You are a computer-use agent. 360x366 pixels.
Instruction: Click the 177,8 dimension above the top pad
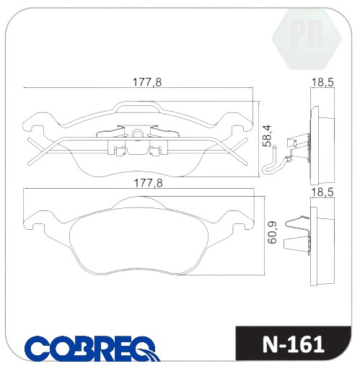pos(147,82)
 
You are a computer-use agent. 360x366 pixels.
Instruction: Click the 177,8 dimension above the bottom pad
pos(148,184)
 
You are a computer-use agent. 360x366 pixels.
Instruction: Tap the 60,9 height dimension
pos(272,233)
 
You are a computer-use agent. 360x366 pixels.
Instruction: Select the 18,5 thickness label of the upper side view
pos(322,83)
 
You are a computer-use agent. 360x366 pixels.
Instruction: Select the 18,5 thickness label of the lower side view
pos(322,192)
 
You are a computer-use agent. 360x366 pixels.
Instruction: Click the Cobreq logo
pos(92,348)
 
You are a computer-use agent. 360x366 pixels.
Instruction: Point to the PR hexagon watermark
pos(307,38)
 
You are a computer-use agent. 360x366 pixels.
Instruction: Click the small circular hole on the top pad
pos(138,133)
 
